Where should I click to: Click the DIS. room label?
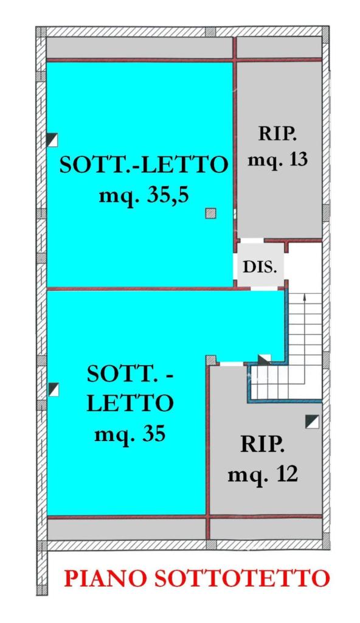[x=260, y=268]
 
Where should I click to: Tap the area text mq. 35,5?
[x=144, y=197]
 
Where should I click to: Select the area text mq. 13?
[x=277, y=160]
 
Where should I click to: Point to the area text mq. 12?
[x=263, y=474]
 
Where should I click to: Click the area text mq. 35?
[x=130, y=434]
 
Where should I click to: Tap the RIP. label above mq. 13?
[x=277, y=133]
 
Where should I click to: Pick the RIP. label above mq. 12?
[x=263, y=445]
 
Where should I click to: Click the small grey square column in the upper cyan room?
[x=210, y=214]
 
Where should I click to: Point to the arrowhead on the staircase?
[x=304, y=296]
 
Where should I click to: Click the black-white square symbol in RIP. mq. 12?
[x=313, y=422]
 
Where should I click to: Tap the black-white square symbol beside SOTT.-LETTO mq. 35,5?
[x=52, y=140]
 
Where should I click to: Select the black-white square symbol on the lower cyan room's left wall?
[x=54, y=389]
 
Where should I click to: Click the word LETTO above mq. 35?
[x=130, y=403]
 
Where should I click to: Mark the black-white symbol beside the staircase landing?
[x=265, y=360]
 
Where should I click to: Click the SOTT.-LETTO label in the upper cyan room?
[x=144, y=164]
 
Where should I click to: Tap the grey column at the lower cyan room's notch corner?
[x=211, y=360]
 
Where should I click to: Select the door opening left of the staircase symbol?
[x=232, y=364]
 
